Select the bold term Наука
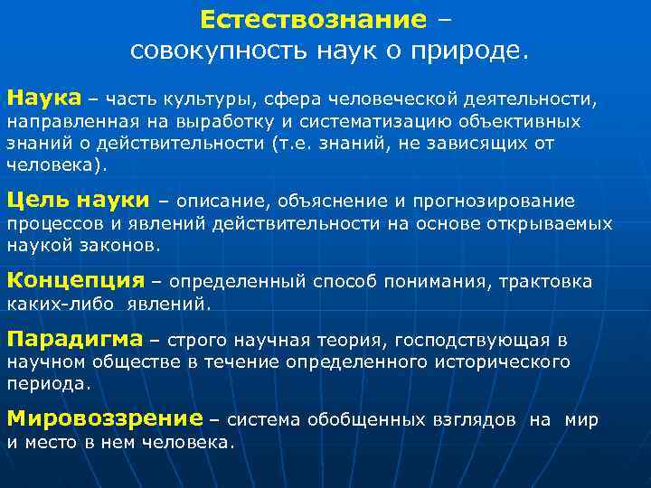[43, 97]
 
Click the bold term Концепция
[75, 281]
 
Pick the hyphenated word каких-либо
[60, 305]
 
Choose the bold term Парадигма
[74, 340]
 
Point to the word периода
[48, 383]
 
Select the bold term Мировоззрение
[104, 419]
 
